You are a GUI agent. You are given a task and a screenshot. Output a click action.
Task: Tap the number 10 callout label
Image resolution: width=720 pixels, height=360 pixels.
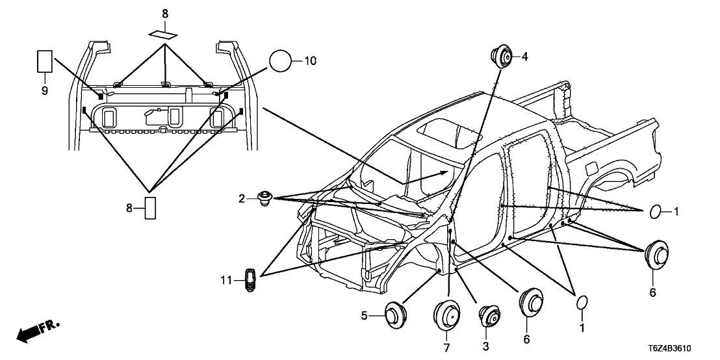pos(310,61)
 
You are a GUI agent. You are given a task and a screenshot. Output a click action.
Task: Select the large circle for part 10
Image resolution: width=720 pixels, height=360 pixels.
pos(280,62)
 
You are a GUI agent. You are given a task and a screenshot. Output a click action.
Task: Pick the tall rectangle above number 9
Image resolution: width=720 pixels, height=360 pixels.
pos(45,62)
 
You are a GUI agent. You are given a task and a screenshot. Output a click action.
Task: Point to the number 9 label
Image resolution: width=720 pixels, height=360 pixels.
pos(45,91)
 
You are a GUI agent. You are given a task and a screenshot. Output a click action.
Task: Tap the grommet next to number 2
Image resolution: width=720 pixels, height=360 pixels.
pos(264,198)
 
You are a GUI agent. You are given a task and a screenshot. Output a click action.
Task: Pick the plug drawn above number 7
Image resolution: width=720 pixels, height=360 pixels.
pos(447,317)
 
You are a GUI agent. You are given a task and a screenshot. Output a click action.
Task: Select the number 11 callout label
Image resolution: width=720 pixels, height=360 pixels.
pos(225,280)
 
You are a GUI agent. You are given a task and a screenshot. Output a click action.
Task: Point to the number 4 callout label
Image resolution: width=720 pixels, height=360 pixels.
pos(524,57)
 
